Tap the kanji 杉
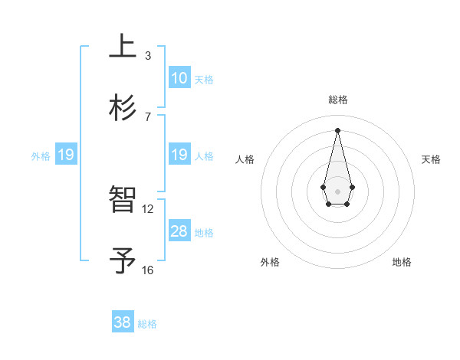pos(123,106)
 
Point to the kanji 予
pos(123,260)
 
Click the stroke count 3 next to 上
pos(148,56)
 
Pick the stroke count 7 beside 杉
pos(148,117)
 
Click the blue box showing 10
pos(179,78)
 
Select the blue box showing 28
pos(179,231)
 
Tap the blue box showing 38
pos(123,322)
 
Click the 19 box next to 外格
pos(66,155)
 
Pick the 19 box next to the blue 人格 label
pos(179,155)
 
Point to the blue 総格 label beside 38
pos(147,324)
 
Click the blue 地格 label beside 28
pos(204,233)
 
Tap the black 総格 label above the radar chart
pos(337,100)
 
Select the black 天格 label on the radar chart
pos(431,159)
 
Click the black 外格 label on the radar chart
pos(270,262)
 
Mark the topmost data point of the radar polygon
pos(337,129)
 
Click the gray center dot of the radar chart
pos(337,190)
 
